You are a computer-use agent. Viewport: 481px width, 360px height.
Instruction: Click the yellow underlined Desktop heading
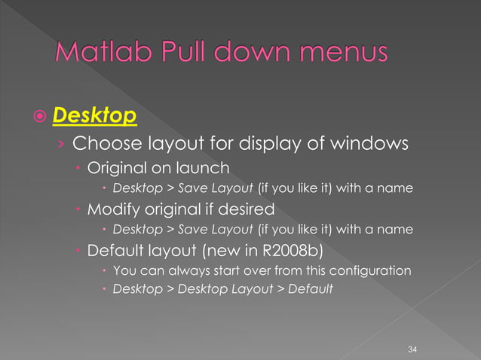(95, 117)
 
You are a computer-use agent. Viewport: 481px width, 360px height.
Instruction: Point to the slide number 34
(412, 349)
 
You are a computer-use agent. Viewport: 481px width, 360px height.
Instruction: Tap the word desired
(258, 209)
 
